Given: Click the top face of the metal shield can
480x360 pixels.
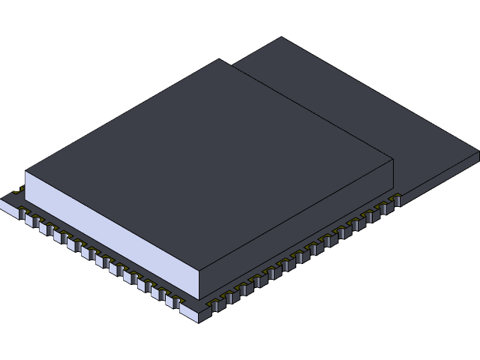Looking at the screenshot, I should click(x=210, y=165).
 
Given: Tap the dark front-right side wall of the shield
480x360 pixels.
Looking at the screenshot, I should click(x=300, y=225).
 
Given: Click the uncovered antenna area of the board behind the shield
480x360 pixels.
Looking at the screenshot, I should click(x=360, y=112).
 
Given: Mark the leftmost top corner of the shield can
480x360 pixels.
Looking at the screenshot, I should click(x=25, y=172).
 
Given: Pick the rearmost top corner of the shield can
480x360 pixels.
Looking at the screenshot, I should click(x=219, y=60).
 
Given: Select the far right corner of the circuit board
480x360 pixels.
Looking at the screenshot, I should click(x=478, y=154).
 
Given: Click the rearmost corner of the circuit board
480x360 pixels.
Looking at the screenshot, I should click(x=281, y=37).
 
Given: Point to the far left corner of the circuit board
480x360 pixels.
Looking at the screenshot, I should click(x=3, y=201).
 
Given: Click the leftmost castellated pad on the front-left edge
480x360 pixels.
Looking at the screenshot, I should click(x=23, y=217).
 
